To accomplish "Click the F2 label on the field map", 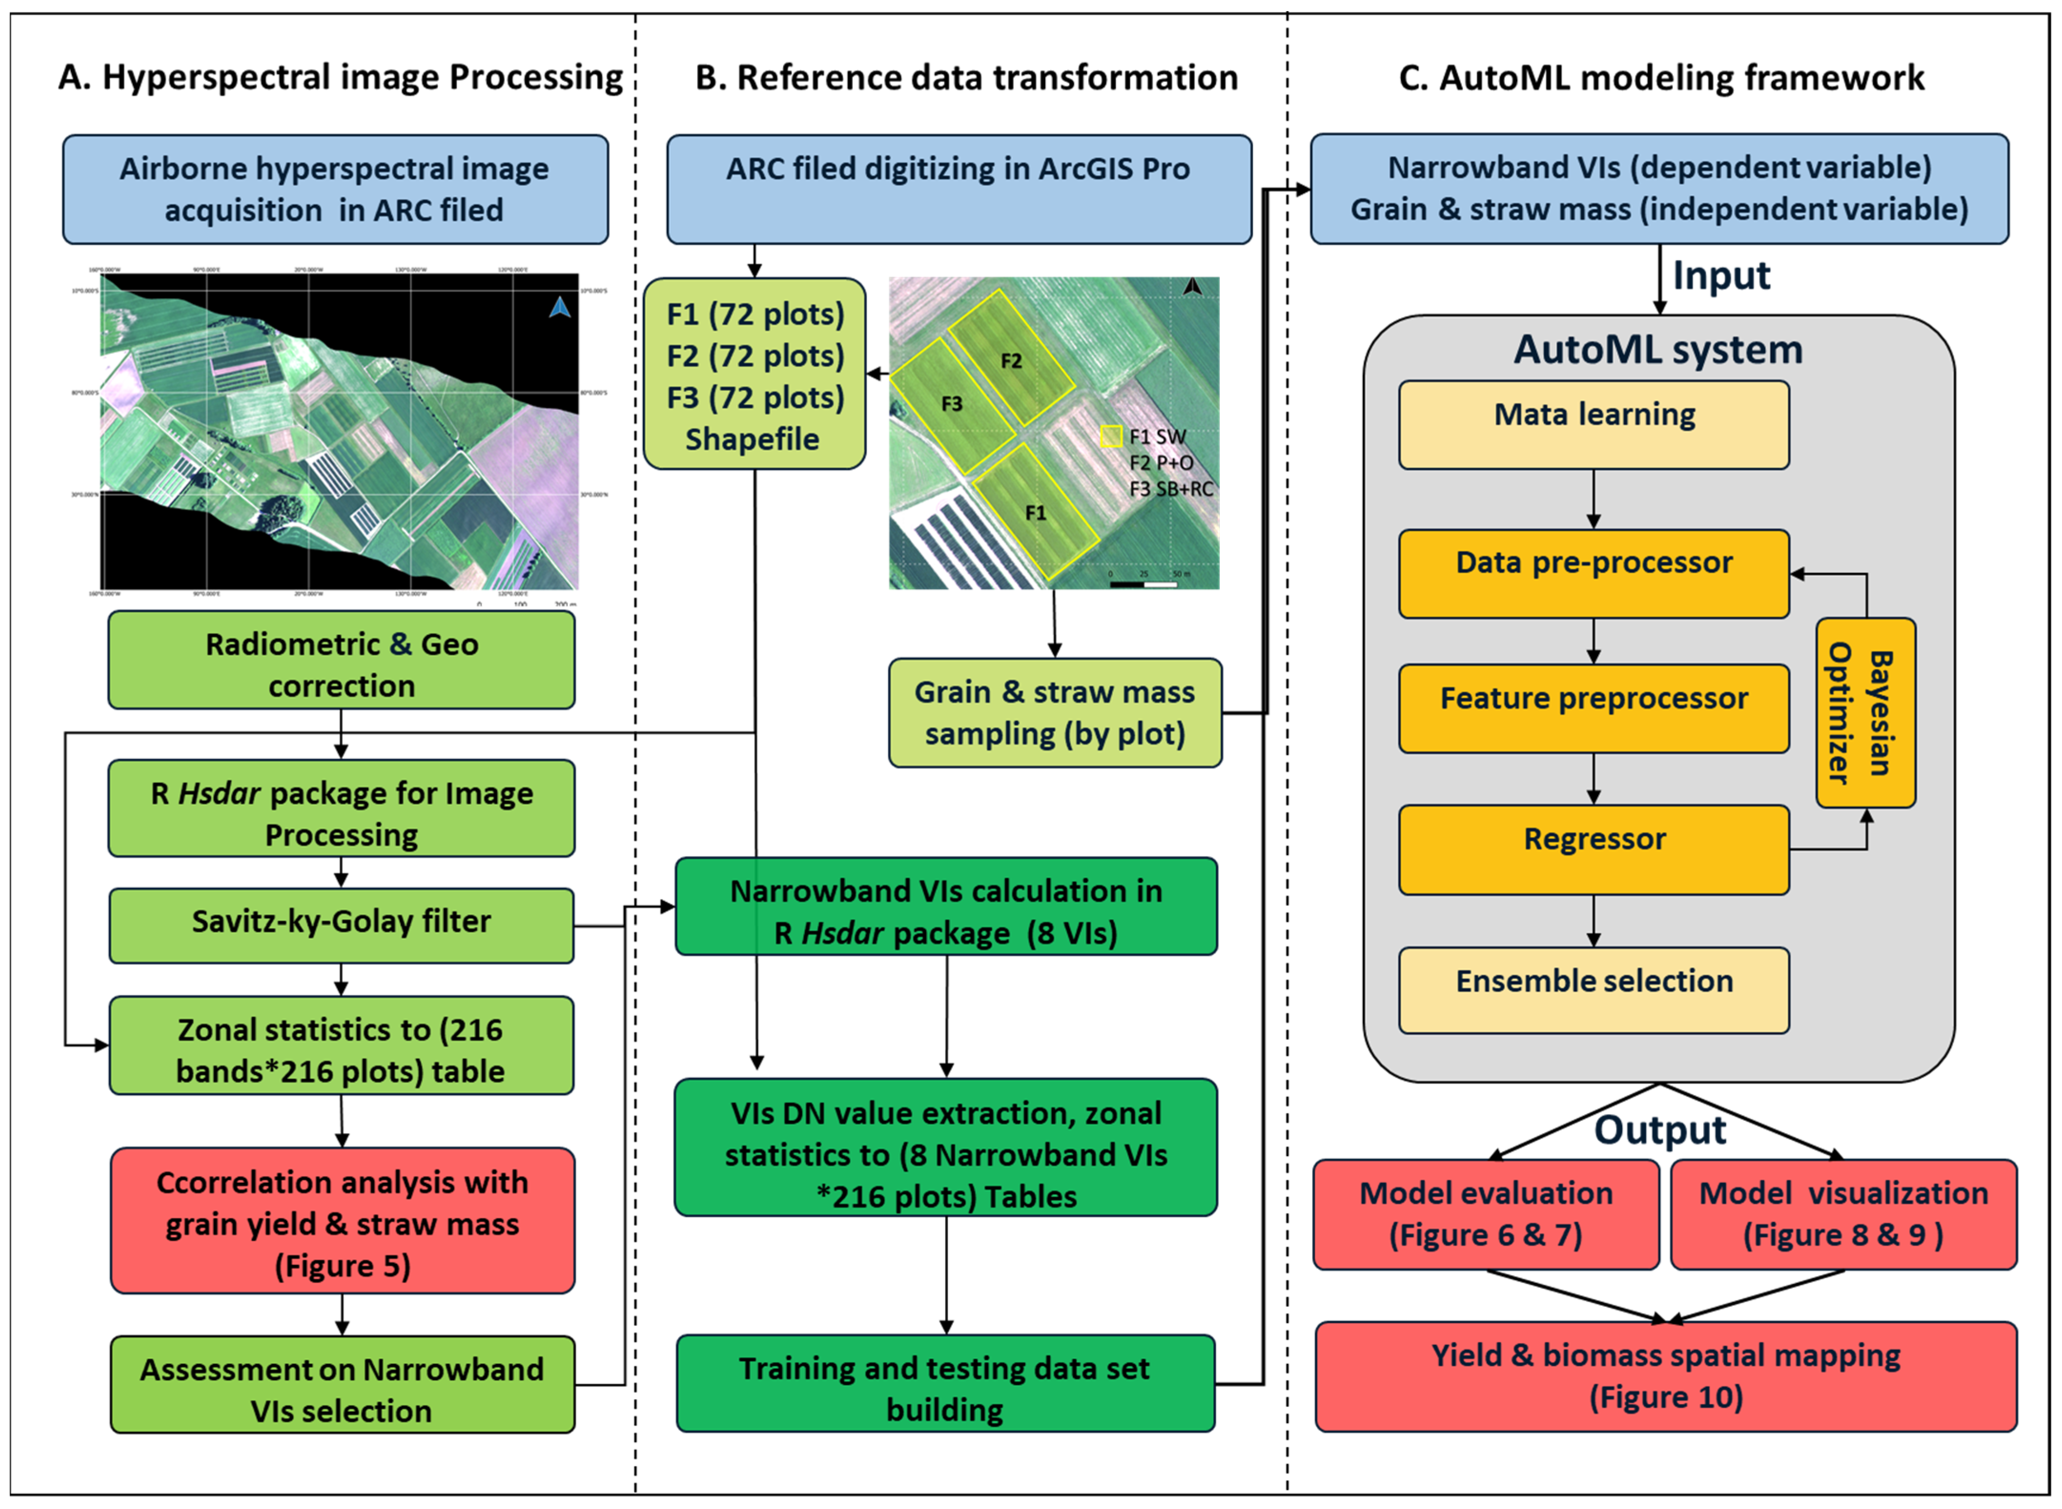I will pos(1011,361).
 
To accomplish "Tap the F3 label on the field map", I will pos(951,404).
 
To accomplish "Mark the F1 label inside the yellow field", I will pos(1035,513).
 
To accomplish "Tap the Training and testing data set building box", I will pos(945,1383).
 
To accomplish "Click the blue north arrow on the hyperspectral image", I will pos(560,308).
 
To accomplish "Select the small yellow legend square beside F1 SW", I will pos(1111,437).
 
